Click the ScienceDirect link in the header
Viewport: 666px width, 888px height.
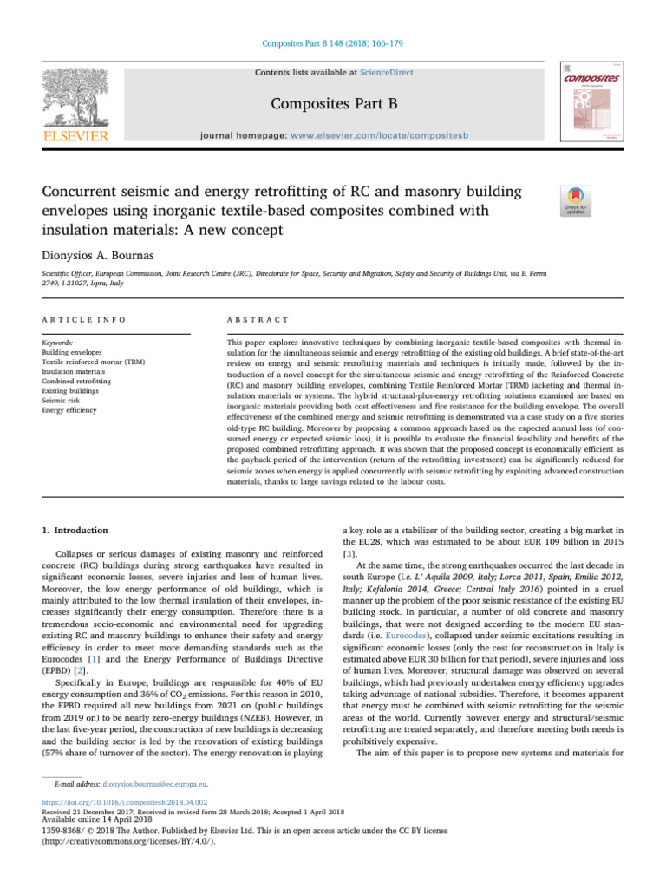pyautogui.click(x=388, y=73)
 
